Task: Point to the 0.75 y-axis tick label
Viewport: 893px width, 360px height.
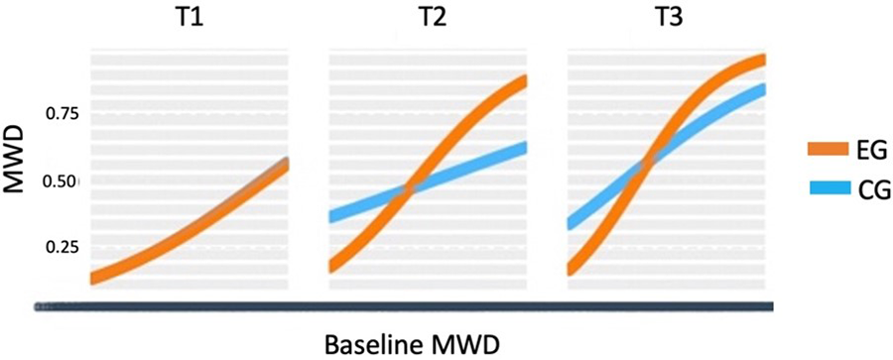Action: (x=60, y=114)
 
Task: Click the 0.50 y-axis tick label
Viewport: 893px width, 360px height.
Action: (x=60, y=180)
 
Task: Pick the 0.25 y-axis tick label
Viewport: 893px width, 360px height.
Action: (x=60, y=246)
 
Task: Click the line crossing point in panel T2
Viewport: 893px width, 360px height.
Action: (x=408, y=189)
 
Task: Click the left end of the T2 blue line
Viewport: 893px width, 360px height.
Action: (x=334, y=215)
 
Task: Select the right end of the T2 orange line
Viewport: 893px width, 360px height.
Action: (x=523, y=79)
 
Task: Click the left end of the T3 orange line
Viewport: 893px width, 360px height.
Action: (x=573, y=268)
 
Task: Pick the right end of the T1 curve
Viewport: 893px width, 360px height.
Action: (x=285, y=163)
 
